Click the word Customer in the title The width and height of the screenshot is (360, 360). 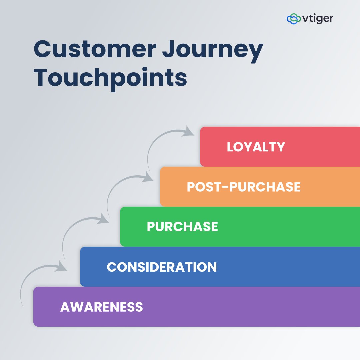click(x=95, y=49)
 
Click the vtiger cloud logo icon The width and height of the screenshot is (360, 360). click(x=293, y=19)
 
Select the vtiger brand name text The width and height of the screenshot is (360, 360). click(x=318, y=19)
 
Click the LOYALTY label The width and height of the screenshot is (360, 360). click(x=256, y=147)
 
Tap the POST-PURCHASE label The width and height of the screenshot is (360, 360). click(x=244, y=187)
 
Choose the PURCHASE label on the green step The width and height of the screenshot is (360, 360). click(x=182, y=227)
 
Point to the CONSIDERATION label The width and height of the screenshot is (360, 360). click(x=162, y=267)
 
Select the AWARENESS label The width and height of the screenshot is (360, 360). click(x=101, y=307)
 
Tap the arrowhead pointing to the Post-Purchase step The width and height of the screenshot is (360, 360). click(x=148, y=177)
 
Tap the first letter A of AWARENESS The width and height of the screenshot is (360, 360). click(x=65, y=307)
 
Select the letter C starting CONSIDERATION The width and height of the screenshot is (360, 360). click(x=111, y=267)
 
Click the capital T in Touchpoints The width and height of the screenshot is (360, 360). click(x=43, y=77)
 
